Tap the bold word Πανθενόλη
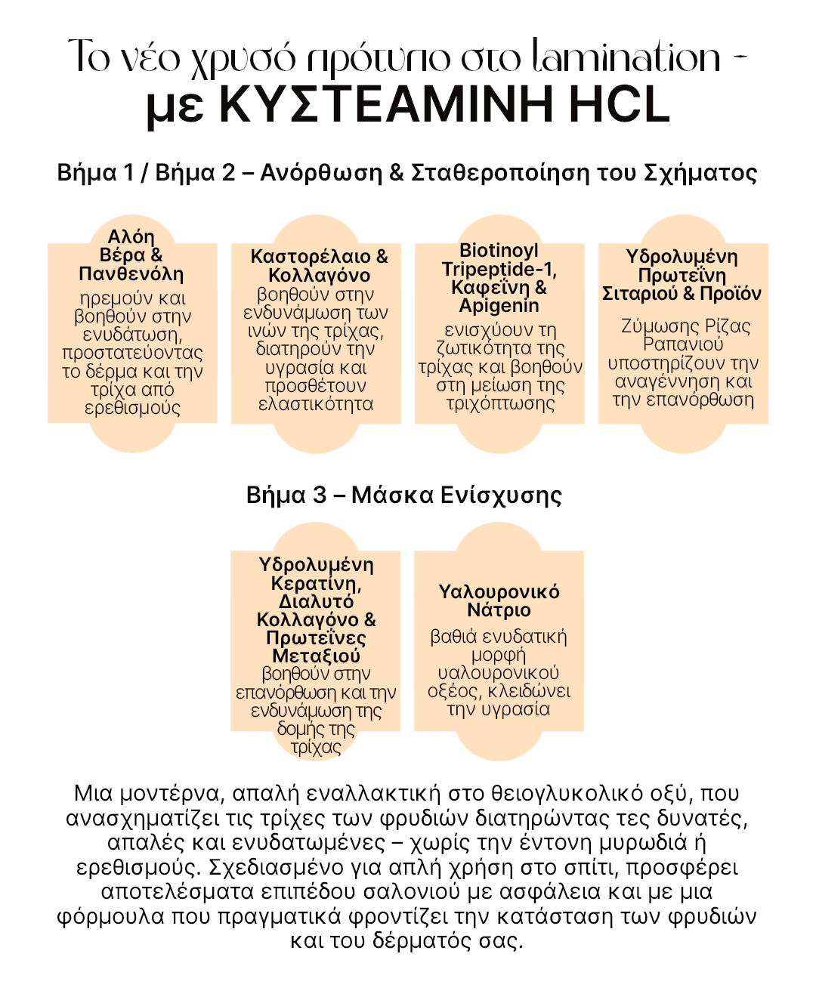pos(131,273)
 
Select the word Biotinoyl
pos(499,251)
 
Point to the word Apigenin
pos(499,306)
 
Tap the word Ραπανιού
pos(683,344)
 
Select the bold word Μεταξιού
pos(316,656)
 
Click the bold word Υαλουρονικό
pos(499,592)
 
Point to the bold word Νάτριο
pos(499,610)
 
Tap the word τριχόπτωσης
pos(500,403)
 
